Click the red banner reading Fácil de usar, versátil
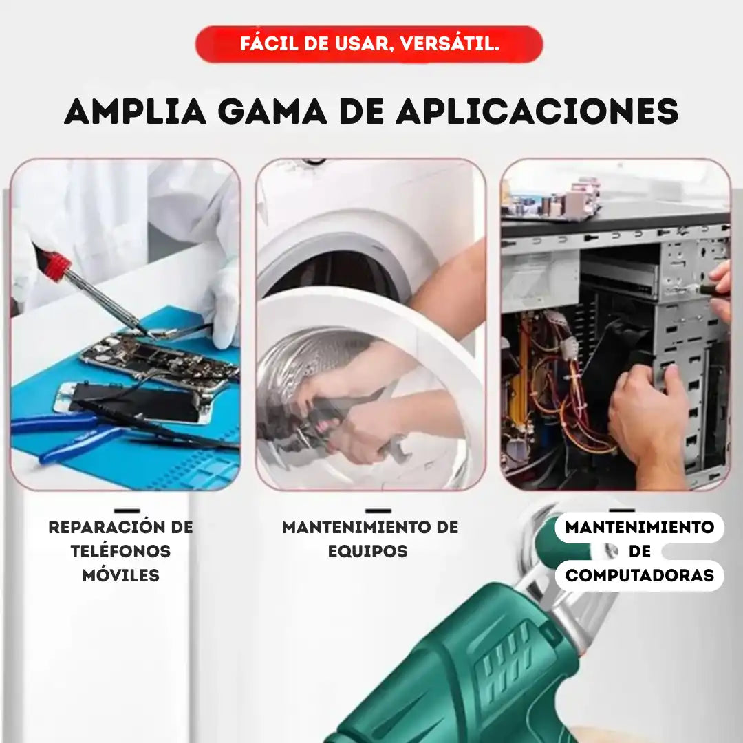click(x=369, y=45)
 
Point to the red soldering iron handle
click(x=55, y=264)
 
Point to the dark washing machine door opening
click(x=337, y=275)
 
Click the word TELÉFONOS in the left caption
click(x=120, y=551)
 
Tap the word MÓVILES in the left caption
click(x=120, y=575)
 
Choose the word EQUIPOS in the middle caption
click(x=368, y=551)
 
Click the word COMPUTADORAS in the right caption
click(x=640, y=575)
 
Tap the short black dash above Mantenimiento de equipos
click(x=378, y=511)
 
